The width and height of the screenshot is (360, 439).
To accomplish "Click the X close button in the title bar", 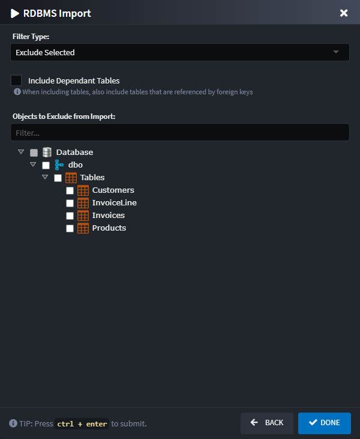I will [x=344, y=13].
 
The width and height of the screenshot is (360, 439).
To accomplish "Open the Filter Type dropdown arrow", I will [x=337, y=52].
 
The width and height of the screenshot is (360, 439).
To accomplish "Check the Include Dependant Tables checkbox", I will [x=16, y=80].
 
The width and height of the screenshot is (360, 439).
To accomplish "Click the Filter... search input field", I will [x=179, y=132].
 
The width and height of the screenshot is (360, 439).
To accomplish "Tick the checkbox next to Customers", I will [x=70, y=190].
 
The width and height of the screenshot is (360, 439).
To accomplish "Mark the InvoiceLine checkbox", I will [x=70, y=203].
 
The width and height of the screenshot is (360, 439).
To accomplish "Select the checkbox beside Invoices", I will [x=70, y=216].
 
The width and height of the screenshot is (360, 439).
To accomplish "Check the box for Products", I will [x=70, y=228].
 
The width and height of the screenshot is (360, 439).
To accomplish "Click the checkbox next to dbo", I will [x=46, y=165].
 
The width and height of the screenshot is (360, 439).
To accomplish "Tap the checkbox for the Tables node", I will [x=58, y=178].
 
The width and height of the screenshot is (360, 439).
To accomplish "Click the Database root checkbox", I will [x=34, y=153].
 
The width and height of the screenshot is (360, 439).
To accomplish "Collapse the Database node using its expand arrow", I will [x=21, y=152].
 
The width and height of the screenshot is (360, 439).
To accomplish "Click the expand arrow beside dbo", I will [x=33, y=165].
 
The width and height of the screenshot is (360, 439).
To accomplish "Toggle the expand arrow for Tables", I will [x=45, y=177].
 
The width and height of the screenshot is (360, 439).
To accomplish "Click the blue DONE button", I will [x=324, y=423].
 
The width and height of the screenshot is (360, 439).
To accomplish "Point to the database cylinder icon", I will [x=47, y=152].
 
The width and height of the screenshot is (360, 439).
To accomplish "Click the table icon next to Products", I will [x=83, y=228].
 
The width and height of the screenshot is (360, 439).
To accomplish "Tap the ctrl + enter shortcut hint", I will [x=81, y=424].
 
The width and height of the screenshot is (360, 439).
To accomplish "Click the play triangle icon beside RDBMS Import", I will [x=15, y=13].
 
